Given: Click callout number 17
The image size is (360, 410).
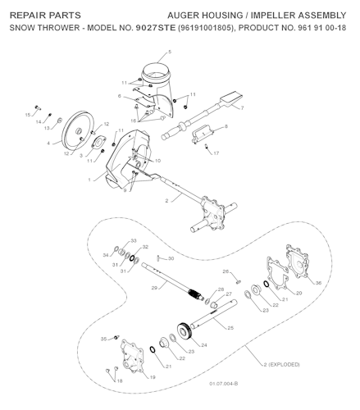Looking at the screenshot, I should (216, 153).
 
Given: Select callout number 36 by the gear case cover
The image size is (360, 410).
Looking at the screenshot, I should (318, 283).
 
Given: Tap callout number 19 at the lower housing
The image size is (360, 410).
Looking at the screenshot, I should (152, 376).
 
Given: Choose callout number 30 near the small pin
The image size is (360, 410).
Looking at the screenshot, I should (171, 258).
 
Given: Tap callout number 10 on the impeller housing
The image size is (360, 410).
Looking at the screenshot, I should (157, 160).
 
